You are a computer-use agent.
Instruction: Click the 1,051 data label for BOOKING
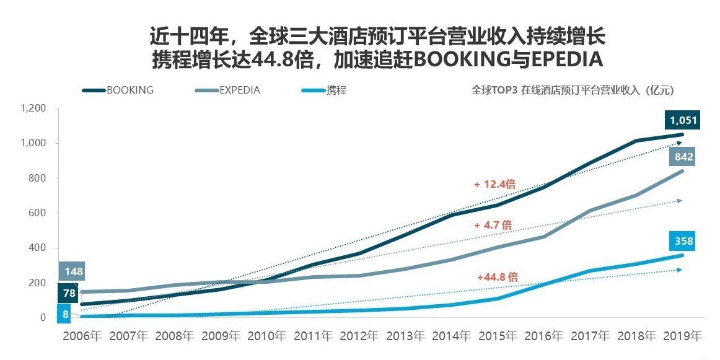point(682,120)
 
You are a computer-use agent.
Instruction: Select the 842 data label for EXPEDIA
point(682,156)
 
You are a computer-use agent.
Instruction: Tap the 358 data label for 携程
point(682,241)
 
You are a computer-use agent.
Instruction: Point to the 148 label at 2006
point(72,271)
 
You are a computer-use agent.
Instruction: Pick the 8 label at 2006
point(66,314)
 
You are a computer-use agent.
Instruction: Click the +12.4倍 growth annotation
point(494,184)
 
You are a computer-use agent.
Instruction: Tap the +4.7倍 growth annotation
point(493,225)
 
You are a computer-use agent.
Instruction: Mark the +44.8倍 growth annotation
point(497,277)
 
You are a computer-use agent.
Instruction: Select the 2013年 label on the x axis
point(406,336)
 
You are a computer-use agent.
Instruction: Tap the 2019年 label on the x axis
point(683,336)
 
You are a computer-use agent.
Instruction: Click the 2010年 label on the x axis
point(267,336)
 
